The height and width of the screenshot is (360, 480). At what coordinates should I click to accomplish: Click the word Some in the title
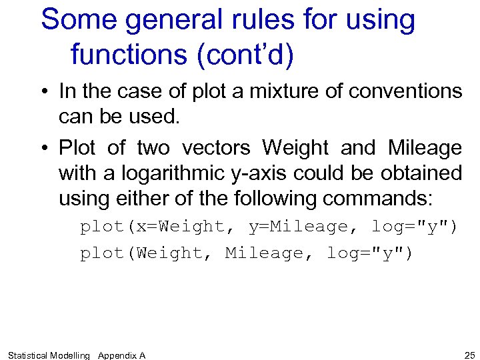point(79,21)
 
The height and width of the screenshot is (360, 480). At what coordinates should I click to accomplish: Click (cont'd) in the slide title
point(245,55)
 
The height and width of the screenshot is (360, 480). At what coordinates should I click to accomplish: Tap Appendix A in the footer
point(121,355)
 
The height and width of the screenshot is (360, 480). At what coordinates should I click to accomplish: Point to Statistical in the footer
point(28,355)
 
